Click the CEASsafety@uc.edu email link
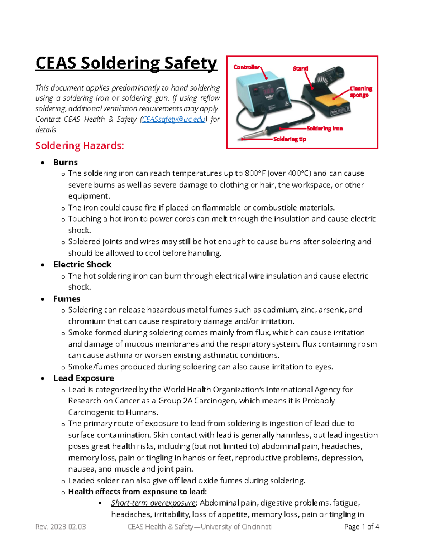(x=174, y=119)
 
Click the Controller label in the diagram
(x=246, y=67)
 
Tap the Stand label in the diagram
(x=300, y=68)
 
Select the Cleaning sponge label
(x=360, y=92)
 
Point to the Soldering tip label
(x=290, y=139)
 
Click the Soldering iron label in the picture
(x=325, y=128)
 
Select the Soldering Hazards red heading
(x=80, y=146)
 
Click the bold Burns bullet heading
(x=66, y=162)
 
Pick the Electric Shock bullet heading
(x=82, y=265)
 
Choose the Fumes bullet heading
(x=67, y=299)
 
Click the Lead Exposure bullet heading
(x=83, y=378)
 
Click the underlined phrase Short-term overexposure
(x=153, y=503)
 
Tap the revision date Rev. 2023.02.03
(x=61, y=527)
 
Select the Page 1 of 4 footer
(x=361, y=527)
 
